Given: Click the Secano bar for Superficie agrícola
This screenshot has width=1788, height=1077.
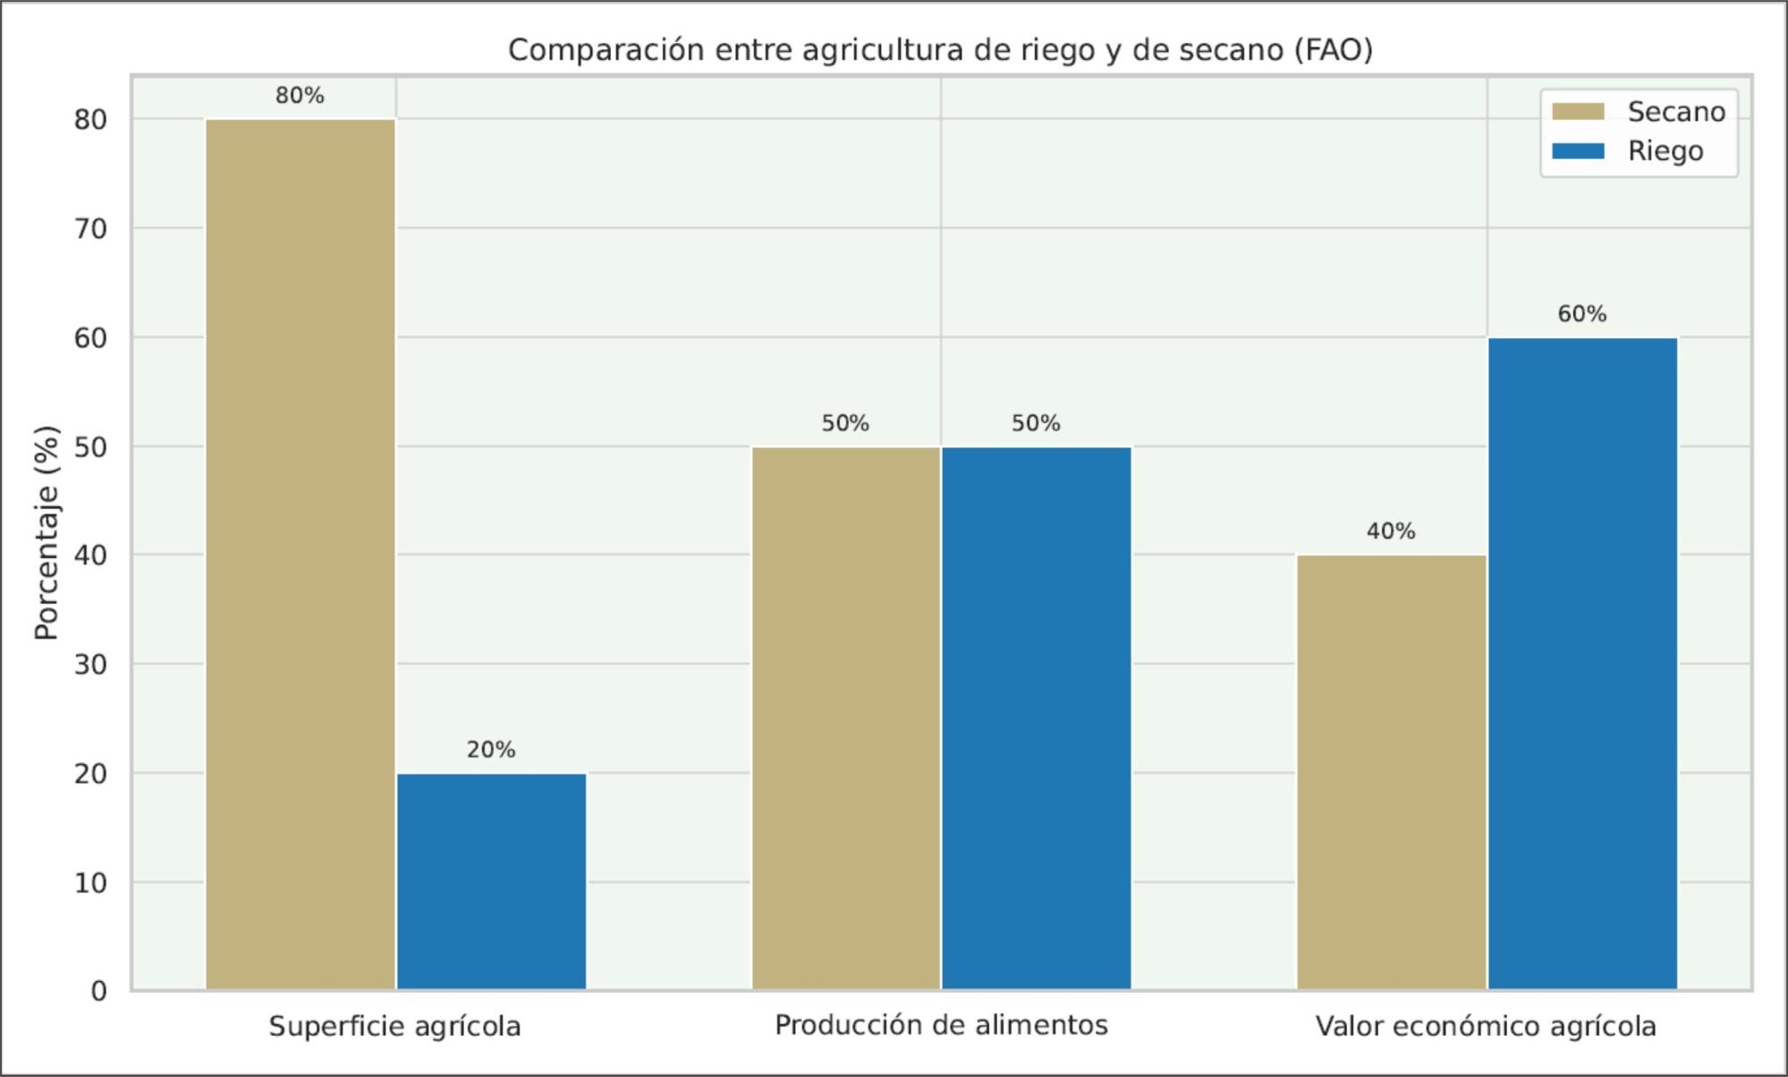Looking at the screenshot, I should point(301,555).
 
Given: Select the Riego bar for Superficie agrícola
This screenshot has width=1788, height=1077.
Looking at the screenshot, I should point(491,881).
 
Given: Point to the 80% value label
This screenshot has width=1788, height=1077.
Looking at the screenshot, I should point(300,96).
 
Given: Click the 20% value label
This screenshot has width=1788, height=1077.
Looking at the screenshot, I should point(491,750).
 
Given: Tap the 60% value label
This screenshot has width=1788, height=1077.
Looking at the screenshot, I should point(1581,314).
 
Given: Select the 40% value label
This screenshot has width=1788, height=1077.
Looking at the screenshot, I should point(1391,531).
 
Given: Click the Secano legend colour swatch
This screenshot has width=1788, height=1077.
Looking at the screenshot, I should point(1578,112).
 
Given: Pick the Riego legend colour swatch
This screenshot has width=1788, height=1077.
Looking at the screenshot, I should point(1578,151).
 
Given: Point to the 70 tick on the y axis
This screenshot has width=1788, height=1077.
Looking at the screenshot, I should point(90,229).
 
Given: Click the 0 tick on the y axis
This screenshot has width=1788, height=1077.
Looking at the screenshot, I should point(98,991).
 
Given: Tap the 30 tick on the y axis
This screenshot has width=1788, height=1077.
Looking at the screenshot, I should point(90,665).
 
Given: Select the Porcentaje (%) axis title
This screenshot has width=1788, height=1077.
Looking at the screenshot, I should point(47,533).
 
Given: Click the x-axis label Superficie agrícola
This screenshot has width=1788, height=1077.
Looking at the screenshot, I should point(394,1026).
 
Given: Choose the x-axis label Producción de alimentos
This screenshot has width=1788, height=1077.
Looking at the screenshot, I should point(941,1025).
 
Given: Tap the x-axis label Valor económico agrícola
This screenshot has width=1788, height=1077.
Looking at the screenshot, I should point(1486,1026).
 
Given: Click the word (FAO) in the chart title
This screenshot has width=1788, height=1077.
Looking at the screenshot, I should point(1333,50).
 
